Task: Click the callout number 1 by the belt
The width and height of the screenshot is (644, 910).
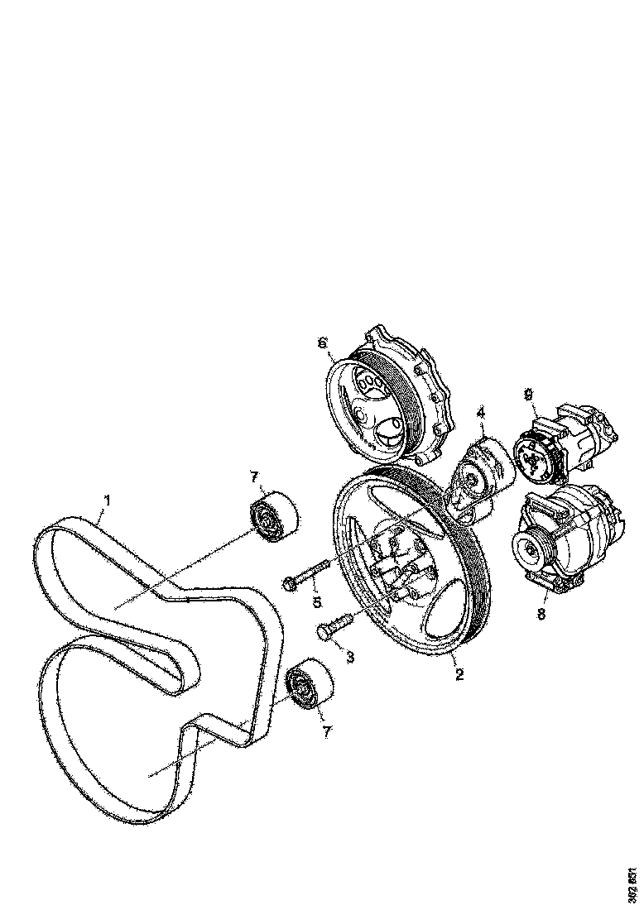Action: click(x=107, y=500)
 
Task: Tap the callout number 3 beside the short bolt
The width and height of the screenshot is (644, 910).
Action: click(x=350, y=657)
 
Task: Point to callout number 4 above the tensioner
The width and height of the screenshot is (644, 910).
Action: click(x=480, y=412)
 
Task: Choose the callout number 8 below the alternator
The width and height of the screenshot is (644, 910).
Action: click(x=541, y=615)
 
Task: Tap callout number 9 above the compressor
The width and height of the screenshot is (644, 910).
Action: click(x=527, y=395)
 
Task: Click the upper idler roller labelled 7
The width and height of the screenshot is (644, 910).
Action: click(x=272, y=515)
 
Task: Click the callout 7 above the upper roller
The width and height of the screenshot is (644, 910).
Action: click(x=256, y=477)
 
